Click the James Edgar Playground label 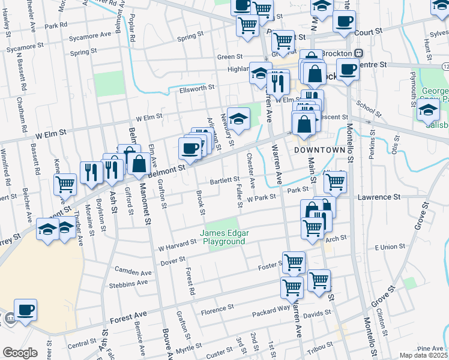223,237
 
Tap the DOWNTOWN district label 319,150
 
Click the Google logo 20,353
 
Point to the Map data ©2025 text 423,355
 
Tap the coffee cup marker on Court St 344,22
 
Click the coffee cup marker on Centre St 348,70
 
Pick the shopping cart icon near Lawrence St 335,181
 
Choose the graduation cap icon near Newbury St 239,119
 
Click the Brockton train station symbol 358,53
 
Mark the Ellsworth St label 197,89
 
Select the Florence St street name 217,312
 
